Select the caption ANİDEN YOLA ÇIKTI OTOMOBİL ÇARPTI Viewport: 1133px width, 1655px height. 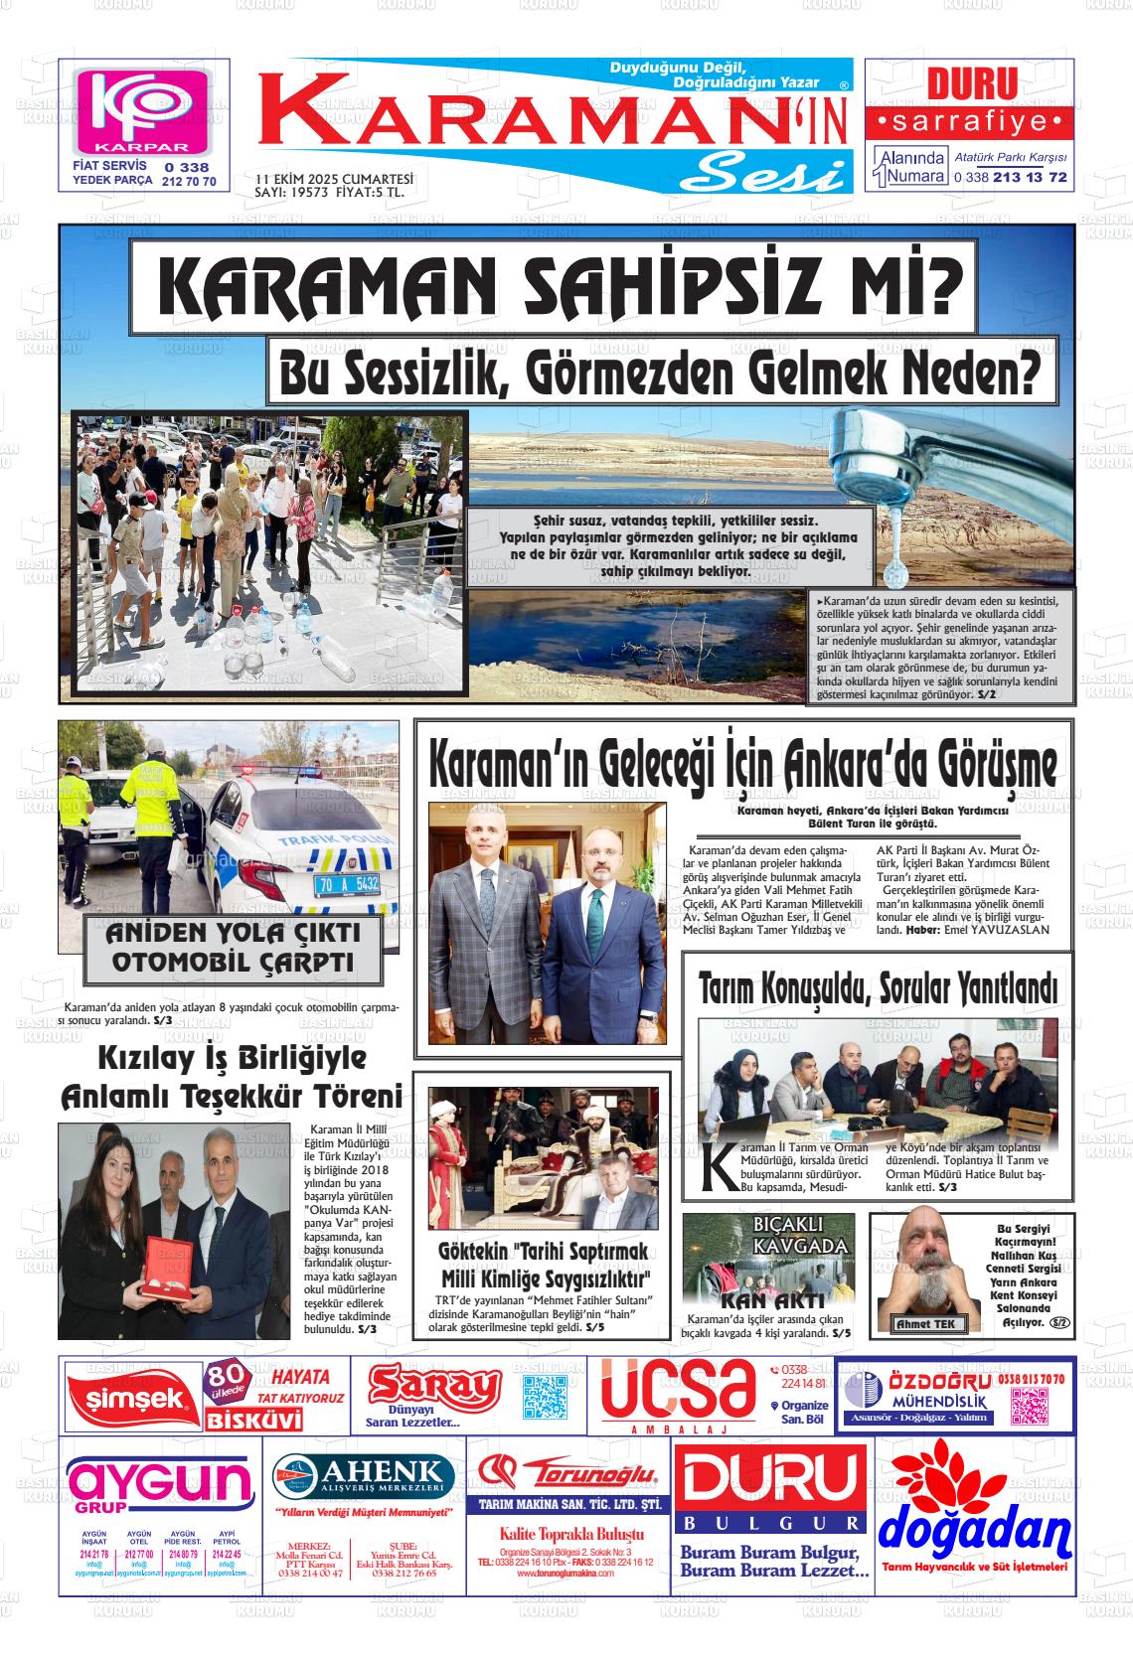point(233,948)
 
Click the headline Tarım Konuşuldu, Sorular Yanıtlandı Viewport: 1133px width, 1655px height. point(878,989)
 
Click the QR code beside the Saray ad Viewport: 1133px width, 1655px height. point(545,1398)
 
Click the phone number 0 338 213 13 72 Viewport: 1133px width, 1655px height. point(1010,177)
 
